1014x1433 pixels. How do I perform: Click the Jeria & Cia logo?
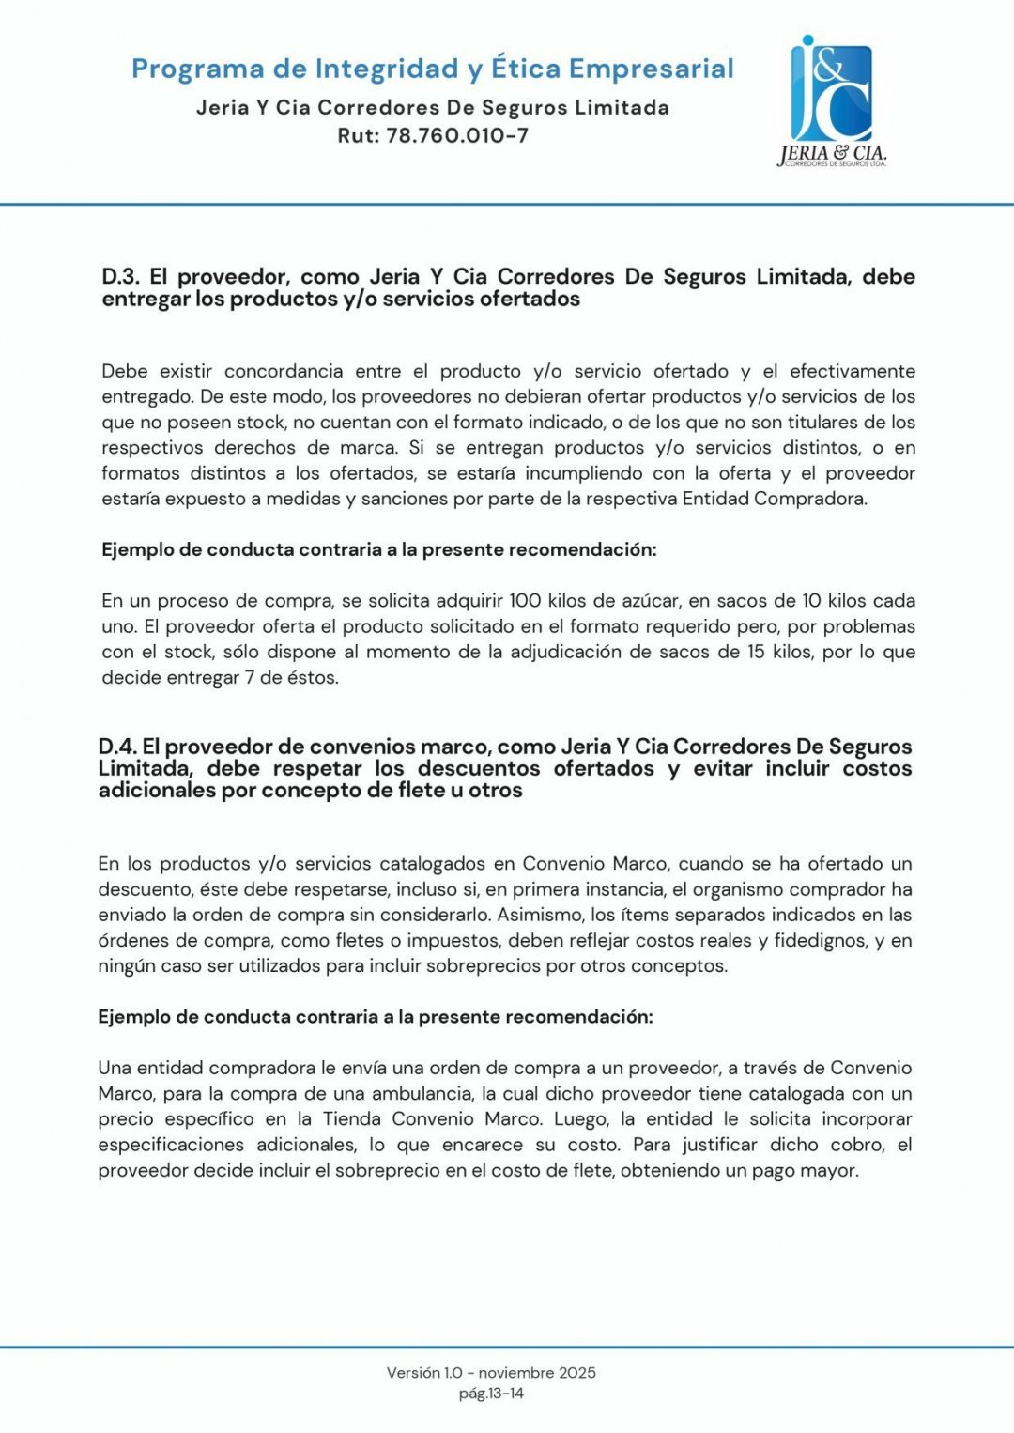point(832,101)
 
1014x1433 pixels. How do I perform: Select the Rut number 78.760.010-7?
point(457,135)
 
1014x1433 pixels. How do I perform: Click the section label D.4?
point(117,747)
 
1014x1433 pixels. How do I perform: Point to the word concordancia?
point(283,371)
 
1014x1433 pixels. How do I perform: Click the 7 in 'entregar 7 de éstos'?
point(250,677)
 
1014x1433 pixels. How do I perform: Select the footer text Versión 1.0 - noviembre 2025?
point(491,1372)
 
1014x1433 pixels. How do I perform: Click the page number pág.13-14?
point(491,1394)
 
